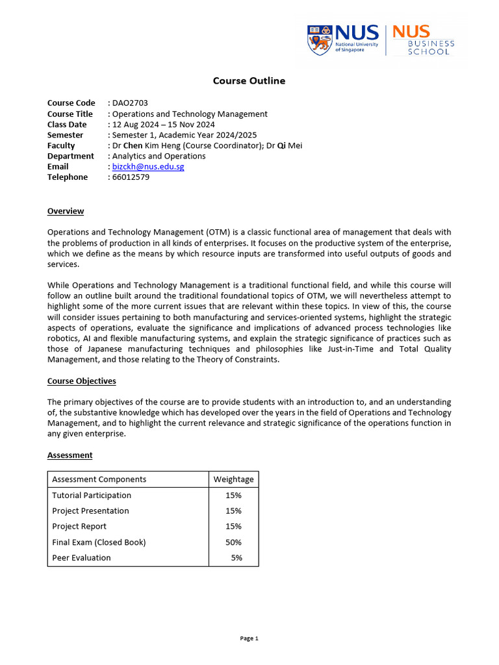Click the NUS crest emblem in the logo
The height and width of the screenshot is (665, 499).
pyautogui.click(x=318, y=40)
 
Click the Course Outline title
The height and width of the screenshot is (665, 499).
pyautogui.click(x=249, y=81)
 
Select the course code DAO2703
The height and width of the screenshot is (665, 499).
pyautogui.click(x=130, y=103)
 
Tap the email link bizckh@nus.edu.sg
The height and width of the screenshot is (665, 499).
pyautogui.click(x=148, y=167)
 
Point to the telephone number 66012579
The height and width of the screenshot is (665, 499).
pyautogui.click(x=131, y=177)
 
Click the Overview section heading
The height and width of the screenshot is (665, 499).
pyautogui.click(x=66, y=211)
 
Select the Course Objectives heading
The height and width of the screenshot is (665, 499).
pyautogui.click(x=82, y=381)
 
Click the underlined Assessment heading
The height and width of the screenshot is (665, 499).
pyautogui.click(x=70, y=455)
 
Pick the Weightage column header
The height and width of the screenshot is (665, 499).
pyautogui.click(x=233, y=480)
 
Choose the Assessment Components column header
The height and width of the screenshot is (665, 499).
pyautogui.click(x=99, y=480)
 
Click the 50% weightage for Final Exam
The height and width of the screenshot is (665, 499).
pyautogui.click(x=233, y=542)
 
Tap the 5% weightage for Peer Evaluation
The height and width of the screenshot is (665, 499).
pyautogui.click(x=236, y=558)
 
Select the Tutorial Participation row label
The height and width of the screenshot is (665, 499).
pyautogui.click(x=92, y=496)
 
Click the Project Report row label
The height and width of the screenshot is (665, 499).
pyautogui.click(x=79, y=527)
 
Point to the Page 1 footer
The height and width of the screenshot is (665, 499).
pyautogui.click(x=249, y=638)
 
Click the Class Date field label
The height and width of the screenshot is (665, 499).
pyautogui.click(x=67, y=125)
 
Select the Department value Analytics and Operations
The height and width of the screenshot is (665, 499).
pyautogui.click(x=159, y=157)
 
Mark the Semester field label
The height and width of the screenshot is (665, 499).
pyautogui.click(x=65, y=135)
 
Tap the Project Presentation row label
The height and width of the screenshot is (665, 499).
pyautogui.click(x=90, y=511)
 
